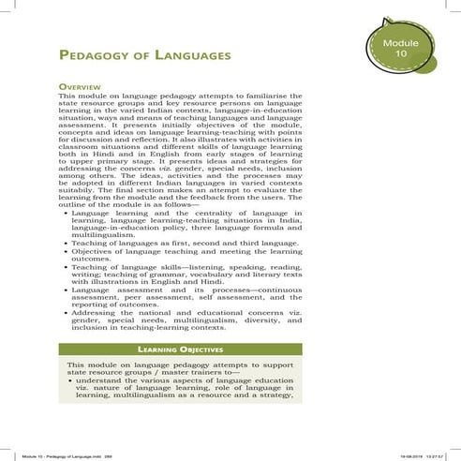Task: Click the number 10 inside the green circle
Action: [401, 56]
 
